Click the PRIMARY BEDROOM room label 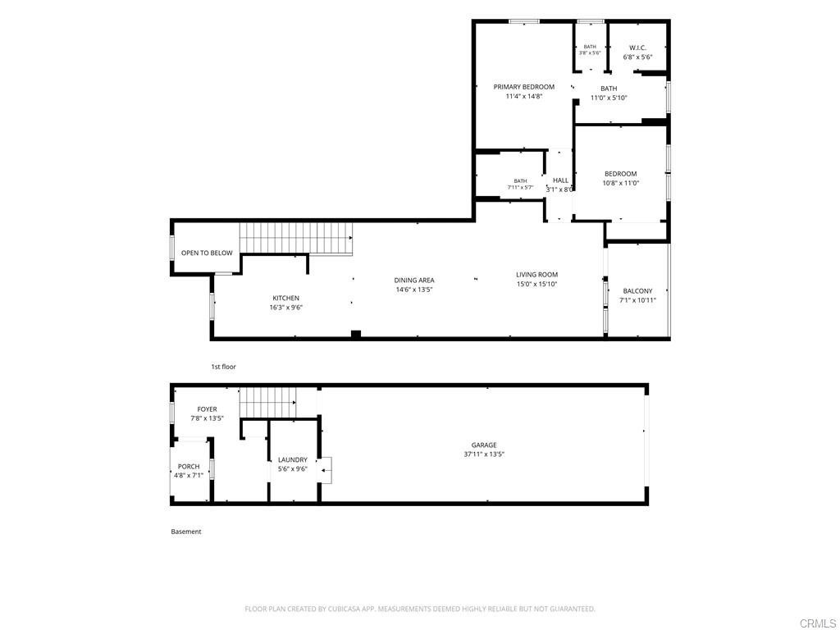tap(523, 87)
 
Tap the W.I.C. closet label tap(637, 48)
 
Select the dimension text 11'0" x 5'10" tap(609, 98)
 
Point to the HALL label tap(560, 180)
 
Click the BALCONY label tap(637, 291)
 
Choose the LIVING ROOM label tap(536, 274)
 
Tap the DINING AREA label tap(414, 281)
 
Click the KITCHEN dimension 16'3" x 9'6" tap(286, 308)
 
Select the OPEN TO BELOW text tap(207, 253)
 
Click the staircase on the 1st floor tap(295, 239)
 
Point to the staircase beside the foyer tap(268, 403)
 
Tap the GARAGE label tap(484, 445)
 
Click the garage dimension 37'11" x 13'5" tap(484, 454)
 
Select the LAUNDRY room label tap(293, 459)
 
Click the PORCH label tap(189, 467)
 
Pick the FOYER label tap(207, 409)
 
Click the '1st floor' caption tap(223, 367)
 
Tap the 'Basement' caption tap(186, 532)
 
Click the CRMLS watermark tap(819, 623)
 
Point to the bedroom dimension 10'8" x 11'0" tap(620, 183)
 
